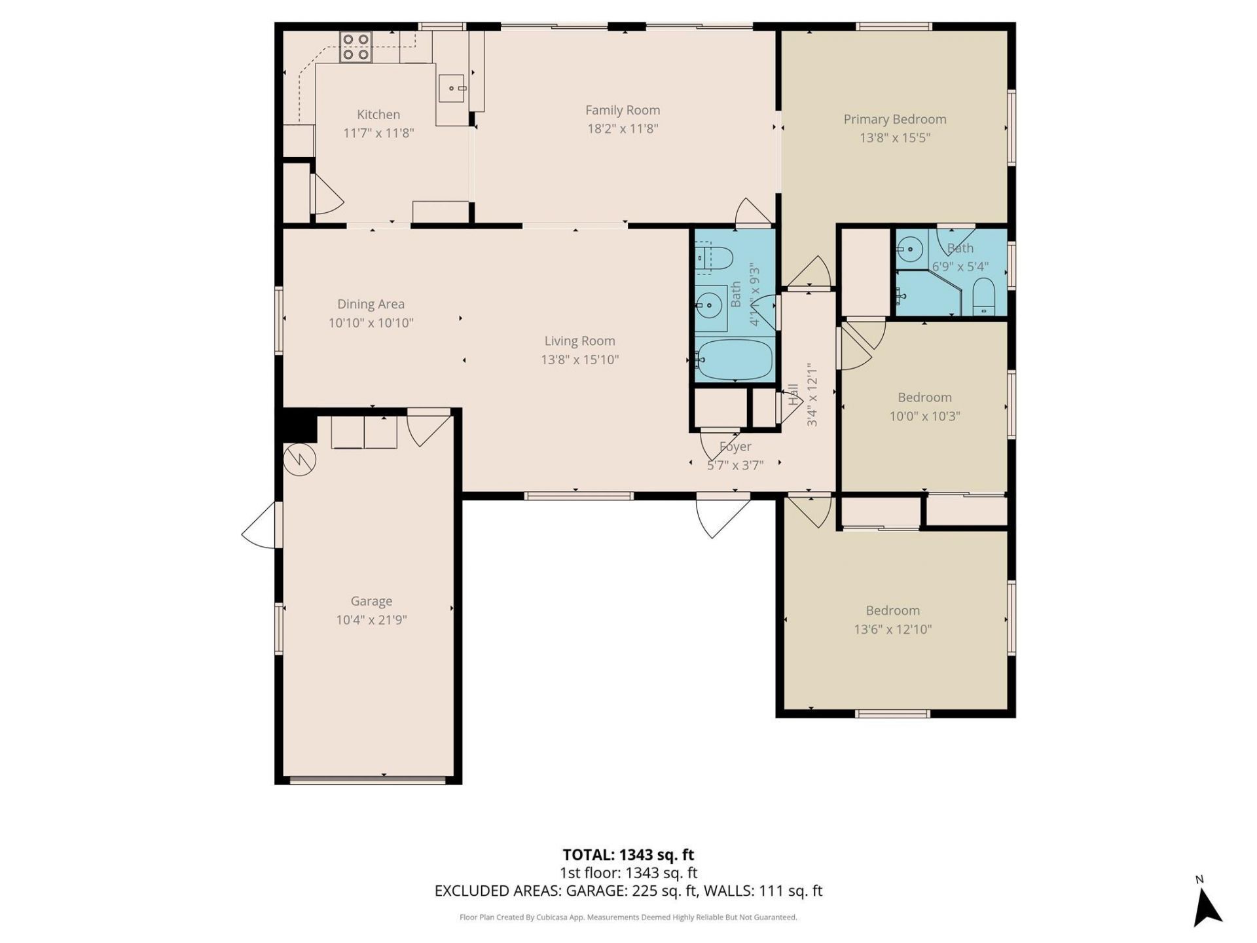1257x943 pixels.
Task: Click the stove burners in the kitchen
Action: click(355, 47)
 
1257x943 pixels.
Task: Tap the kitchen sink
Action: click(452, 88)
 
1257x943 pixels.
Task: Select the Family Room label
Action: click(622, 110)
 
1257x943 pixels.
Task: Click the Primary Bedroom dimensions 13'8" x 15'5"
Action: click(894, 138)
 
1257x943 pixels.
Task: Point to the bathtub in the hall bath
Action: click(734, 359)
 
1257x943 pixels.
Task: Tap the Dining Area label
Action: click(371, 304)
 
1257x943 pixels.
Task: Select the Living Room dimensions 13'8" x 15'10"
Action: click(579, 360)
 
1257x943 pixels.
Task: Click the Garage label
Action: click(371, 601)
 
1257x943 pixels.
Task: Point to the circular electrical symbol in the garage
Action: click(299, 460)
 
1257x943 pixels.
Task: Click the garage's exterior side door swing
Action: click(261, 525)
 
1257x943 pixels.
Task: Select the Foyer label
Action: click(735, 447)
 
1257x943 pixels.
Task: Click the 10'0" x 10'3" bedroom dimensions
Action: click(924, 416)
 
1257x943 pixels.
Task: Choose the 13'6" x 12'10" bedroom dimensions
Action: click(892, 629)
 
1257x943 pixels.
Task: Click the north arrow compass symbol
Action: click(1207, 906)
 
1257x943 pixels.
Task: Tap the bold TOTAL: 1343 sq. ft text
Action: click(628, 855)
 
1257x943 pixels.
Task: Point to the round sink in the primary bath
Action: click(909, 249)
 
